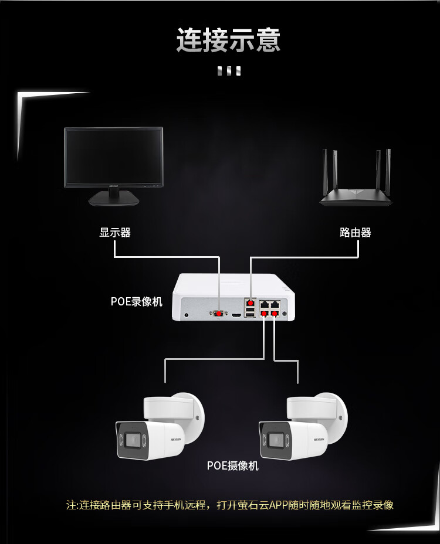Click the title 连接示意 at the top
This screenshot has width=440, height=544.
[229, 40]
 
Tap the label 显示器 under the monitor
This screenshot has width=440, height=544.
[115, 232]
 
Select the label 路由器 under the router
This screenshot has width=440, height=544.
[356, 232]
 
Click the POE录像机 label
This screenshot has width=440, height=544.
[137, 302]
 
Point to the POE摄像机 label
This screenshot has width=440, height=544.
[233, 466]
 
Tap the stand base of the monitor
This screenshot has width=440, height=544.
[114, 200]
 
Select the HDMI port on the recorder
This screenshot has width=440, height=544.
[236, 315]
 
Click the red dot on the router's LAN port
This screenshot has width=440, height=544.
[251, 304]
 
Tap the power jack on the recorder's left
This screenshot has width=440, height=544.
[187, 315]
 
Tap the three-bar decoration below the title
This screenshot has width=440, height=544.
[229, 72]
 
